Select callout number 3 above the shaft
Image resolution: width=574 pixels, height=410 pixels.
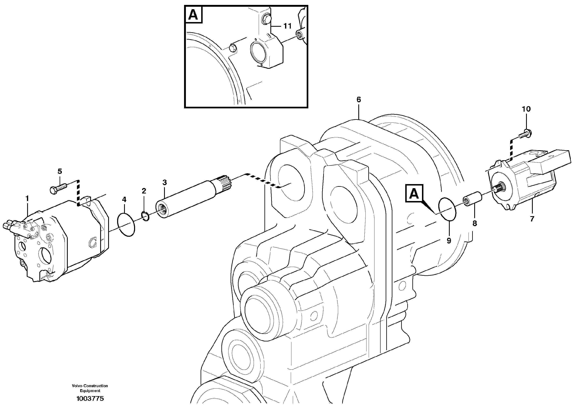point(165,182)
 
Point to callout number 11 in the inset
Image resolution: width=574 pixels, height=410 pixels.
point(287,26)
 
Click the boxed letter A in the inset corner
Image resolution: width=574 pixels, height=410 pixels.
point(193,15)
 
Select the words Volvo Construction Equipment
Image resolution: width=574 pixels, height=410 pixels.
point(90,388)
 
